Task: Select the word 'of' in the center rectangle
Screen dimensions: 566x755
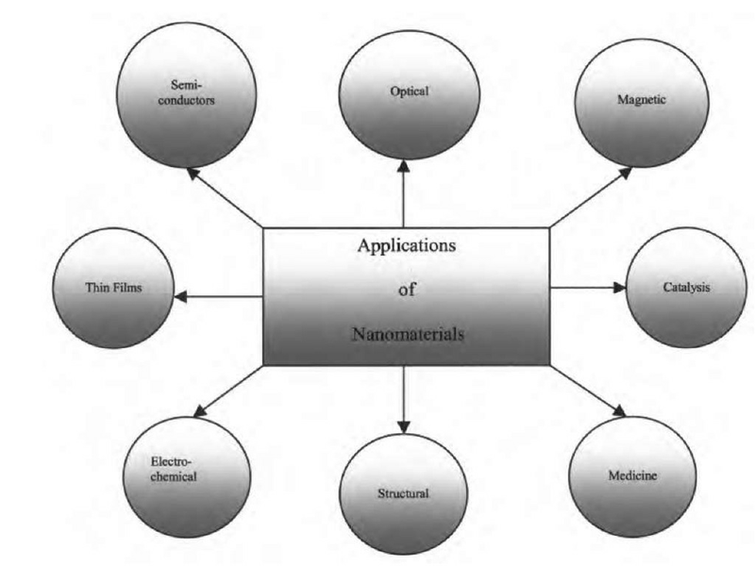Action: tap(407, 291)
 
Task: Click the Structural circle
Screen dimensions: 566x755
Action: tap(404, 491)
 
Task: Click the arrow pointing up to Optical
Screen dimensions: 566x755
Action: tap(404, 192)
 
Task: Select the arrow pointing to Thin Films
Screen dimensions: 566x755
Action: tap(218, 296)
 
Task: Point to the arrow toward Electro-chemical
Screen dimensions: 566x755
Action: tap(227, 391)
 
